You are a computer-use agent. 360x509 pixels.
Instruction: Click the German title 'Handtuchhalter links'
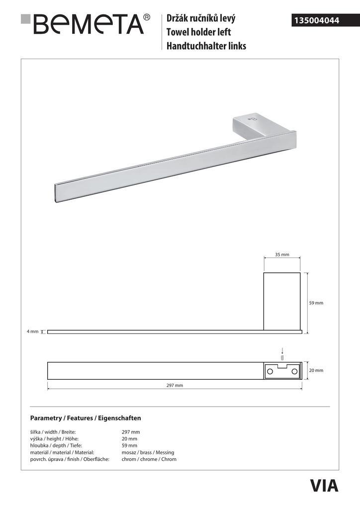[206, 46]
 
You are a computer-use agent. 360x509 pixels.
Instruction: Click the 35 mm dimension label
[282, 254]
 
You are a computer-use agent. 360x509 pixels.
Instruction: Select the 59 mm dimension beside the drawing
[316, 303]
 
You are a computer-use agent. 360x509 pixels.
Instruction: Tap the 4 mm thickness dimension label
[33, 332]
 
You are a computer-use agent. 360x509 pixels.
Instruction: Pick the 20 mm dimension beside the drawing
[316, 370]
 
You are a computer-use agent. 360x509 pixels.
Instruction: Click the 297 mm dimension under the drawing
[175, 385]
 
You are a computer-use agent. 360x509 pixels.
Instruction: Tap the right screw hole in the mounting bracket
[294, 371]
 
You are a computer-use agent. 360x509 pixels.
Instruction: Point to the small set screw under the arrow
[282, 357]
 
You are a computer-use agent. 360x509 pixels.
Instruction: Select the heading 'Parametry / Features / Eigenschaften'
[86, 418]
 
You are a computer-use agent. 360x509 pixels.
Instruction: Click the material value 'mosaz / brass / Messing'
[148, 452]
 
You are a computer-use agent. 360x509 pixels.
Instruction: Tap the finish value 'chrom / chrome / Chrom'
[149, 459]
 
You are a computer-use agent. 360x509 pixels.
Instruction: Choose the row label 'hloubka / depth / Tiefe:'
[54, 445]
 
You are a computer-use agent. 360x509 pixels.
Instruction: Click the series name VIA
[324, 485]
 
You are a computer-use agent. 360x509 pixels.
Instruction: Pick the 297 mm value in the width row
[131, 432]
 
